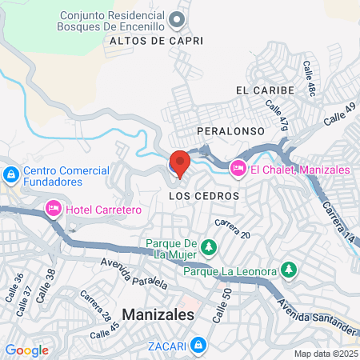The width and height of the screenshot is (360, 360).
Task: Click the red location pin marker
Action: click(x=179, y=162)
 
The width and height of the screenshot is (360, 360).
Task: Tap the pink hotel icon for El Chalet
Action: click(x=238, y=169)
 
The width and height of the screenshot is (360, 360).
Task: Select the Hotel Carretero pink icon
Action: click(x=54, y=209)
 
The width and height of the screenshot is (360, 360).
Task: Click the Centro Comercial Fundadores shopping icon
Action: click(x=11, y=174)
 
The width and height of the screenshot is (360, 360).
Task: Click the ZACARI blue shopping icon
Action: click(x=198, y=346)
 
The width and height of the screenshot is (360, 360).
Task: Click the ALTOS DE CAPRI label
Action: click(x=156, y=40)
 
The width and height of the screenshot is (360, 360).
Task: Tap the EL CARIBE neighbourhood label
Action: click(x=266, y=90)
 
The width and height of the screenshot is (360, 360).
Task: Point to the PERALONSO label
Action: click(x=227, y=129)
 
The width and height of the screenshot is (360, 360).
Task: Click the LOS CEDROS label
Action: click(x=205, y=195)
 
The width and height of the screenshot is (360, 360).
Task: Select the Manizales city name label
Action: click(x=158, y=315)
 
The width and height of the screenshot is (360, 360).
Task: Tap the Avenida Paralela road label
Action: click(x=134, y=273)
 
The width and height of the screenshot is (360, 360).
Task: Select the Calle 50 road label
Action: click(x=216, y=306)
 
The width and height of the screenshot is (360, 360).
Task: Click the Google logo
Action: click(x=26, y=350)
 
